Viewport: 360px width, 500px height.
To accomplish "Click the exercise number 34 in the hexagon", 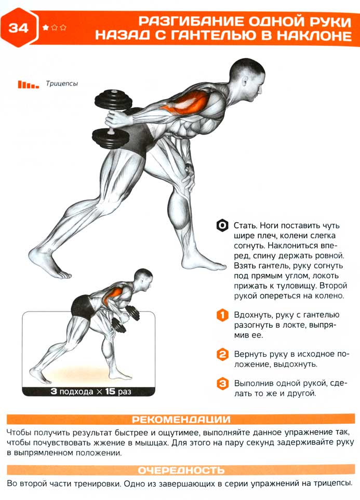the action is (x=19, y=28).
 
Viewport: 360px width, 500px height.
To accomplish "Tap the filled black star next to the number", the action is (x=45, y=28).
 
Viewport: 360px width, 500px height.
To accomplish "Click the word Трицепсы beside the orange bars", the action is (x=62, y=84).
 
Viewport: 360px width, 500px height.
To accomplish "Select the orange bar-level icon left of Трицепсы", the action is (x=28, y=84).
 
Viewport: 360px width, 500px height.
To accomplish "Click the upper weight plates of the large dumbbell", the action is (x=114, y=100).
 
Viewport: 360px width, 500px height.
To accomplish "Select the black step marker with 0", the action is (x=222, y=225).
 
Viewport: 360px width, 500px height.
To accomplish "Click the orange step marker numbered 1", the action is (x=222, y=315).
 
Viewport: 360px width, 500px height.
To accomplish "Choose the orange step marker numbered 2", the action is (x=222, y=355).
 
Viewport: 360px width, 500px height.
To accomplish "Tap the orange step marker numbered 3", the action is (x=222, y=383).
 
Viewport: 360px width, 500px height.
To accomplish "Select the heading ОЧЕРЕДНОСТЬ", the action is (x=181, y=470).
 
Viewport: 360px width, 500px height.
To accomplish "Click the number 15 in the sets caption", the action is (x=110, y=391).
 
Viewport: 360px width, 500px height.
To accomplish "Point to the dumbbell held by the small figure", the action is (x=126, y=319).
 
